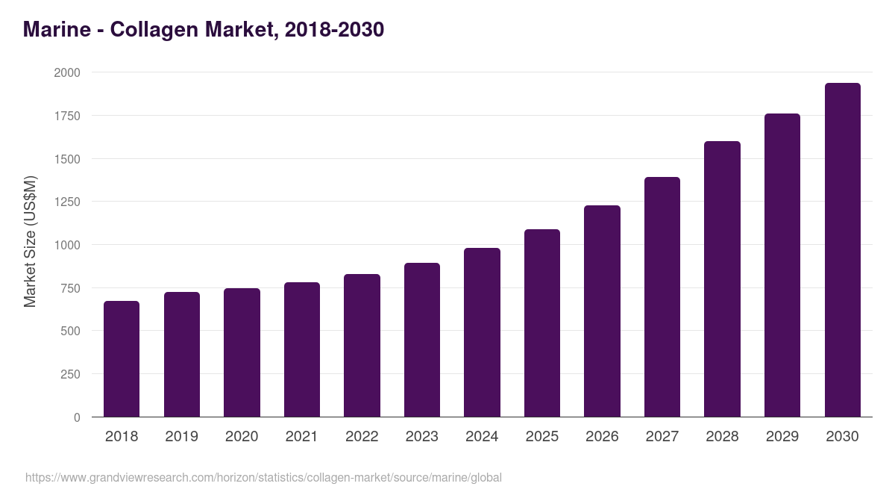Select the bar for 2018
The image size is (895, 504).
pos(122,359)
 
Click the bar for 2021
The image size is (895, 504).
pos(301,349)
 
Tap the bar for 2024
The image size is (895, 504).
pos(482,332)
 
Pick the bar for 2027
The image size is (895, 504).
pos(662,297)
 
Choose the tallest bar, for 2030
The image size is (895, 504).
pos(842,250)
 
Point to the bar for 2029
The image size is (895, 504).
pos(782,265)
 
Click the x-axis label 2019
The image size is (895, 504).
pos(181,437)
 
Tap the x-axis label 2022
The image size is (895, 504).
pos(362,437)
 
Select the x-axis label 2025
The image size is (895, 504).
pos(542,437)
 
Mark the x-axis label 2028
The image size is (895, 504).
pos(722,437)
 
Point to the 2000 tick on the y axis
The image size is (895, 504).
pos(67,72)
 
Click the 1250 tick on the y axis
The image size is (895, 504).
pos(67,202)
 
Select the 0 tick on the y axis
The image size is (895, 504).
pos(77,417)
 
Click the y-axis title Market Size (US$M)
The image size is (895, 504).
pos(30,241)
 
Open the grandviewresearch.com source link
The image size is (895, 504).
pos(263,477)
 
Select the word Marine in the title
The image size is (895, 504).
pos(55,30)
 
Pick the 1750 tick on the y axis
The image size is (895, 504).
pos(67,116)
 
